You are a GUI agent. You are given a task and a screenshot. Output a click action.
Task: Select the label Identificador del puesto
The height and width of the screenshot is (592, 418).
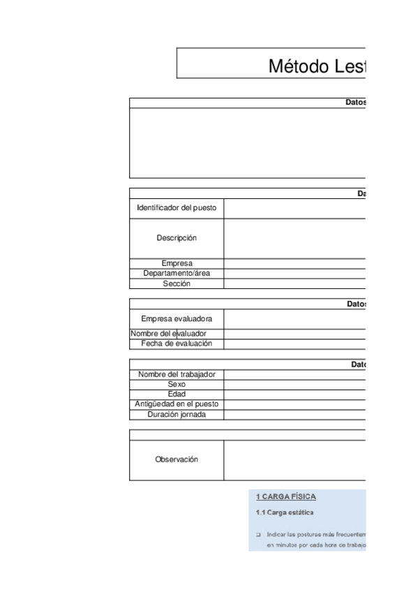pyautogui.click(x=177, y=209)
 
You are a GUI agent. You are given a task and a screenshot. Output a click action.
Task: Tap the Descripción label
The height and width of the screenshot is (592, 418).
pyautogui.click(x=177, y=238)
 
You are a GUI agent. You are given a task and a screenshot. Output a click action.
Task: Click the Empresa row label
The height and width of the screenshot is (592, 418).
pyautogui.click(x=177, y=263)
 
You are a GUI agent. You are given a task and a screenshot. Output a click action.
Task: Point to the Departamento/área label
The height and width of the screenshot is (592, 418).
pyautogui.click(x=177, y=273)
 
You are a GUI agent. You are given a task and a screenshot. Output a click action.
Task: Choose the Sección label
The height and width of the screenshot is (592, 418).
pyautogui.click(x=177, y=283)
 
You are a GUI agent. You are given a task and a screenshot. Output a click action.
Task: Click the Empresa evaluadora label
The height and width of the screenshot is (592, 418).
pyautogui.click(x=177, y=318)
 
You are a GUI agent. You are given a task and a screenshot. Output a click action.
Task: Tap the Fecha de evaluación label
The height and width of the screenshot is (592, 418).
pyautogui.click(x=177, y=343)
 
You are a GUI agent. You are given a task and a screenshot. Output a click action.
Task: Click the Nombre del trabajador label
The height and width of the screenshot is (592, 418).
pyautogui.click(x=177, y=374)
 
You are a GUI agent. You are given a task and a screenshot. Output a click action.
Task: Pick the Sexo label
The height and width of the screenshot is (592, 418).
pyautogui.click(x=177, y=385)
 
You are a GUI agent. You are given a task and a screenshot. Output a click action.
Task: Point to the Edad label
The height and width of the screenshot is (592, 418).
pyautogui.click(x=177, y=394)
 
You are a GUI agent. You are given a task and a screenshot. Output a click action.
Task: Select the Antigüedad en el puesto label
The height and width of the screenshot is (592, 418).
pyautogui.click(x=177, y=404)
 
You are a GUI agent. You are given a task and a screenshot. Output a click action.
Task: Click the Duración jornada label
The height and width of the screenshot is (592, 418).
pyautogui.click(x=177, y=415)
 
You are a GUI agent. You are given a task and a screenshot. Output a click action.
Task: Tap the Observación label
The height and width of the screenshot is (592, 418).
pyautogui.click(x=177, y=459)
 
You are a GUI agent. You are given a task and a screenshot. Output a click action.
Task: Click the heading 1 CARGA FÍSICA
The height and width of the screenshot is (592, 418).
pyautogui.click(x=286, y=497)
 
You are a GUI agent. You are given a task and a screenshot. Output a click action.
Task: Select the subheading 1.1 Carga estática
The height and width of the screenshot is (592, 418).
pyautogui.click(x=285, y=513)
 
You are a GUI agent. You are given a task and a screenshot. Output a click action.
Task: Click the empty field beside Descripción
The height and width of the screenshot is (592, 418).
pyautogui.click(x=295, y=238)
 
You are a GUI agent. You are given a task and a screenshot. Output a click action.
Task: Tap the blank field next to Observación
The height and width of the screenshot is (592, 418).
pyautogui.click(x=295, y=459)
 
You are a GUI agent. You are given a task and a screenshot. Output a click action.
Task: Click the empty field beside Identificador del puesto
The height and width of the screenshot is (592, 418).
pyautogui.click(x=295, y=209)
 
